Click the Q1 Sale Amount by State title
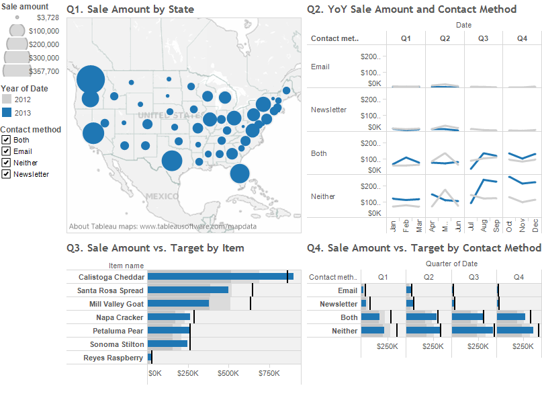coord(131,9)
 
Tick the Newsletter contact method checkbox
coord(6,174)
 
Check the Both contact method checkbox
coord(6,140)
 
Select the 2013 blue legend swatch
coord(7,113)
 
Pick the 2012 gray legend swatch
coord(7,100)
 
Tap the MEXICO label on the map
coord(161,196)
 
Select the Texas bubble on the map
coord(172,161)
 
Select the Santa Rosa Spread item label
coord(110,290)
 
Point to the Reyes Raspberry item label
coord(113,358)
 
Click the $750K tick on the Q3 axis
coord(269,373)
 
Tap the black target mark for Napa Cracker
coord(194,317)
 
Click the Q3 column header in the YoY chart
coord(483,39)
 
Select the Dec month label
coord(536,225)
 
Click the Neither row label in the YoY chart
coord(323,196)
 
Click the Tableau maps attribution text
coord(162,227)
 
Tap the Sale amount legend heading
coord(24,6)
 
